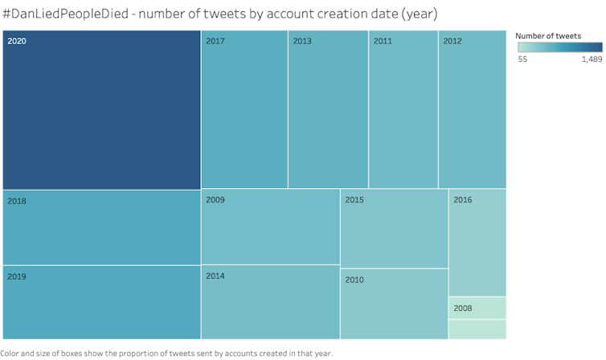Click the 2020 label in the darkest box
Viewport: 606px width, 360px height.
(x=17, y=41)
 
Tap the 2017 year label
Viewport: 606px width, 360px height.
(x=215, y=41)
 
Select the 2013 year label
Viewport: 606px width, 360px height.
(x=302, y=41)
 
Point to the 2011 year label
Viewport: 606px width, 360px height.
(x=383, y=41)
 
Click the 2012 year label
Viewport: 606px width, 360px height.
(x=452, y=41)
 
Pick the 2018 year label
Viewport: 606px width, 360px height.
(x=17, y=201)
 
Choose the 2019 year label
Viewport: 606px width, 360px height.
(x=17, y=276)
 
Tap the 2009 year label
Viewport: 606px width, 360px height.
(x=215, y=199)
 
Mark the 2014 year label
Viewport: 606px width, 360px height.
(x=215, y=276)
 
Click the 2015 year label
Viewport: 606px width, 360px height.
(x=354, y=199)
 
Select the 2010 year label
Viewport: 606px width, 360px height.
(x=354, y=280)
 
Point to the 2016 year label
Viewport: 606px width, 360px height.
(x=463, y=200)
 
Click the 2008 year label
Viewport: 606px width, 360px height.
(x=463, y=308)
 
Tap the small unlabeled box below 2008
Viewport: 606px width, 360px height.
(x=477, y=329)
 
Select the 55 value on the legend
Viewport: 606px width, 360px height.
(x=522, y=59)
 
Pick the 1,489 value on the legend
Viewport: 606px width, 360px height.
(x=591, y=59)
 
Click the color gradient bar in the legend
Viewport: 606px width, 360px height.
(x=559, y=47)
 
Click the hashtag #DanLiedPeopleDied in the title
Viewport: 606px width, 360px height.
(x=67, y=14)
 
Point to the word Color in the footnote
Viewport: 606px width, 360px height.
(x=11, y=354)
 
